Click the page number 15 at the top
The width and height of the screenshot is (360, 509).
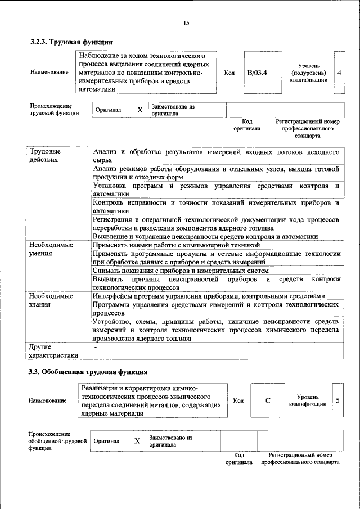(x=186, y=23)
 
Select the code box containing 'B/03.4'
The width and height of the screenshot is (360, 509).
(x=257, y=73)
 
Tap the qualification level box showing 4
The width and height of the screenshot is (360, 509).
(x=339, y=73)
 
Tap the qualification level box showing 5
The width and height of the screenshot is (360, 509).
(x=337, y=400)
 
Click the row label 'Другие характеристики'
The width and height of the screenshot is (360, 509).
(x=54, y=352)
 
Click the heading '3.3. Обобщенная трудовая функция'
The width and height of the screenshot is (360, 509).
(x=88, y=372)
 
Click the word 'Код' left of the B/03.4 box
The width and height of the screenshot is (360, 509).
(x=229, y=73)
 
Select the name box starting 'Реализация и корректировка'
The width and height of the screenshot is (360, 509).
(x=149, y=400)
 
